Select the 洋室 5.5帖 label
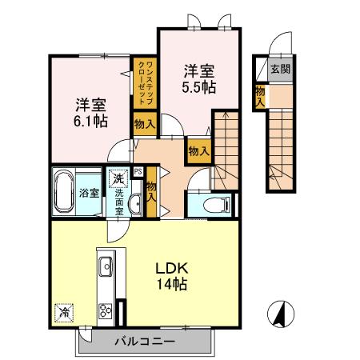coord(198,77)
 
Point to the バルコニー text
coord(145,341)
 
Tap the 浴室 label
coord(90,192)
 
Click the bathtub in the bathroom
coord(64,192)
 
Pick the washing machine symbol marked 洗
coord(118,177)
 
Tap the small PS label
coord(138,170)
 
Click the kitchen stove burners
coord(106,310)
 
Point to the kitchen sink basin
coord(106,264)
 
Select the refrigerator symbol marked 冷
coord(63,312)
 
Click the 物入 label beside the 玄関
coord(260,95)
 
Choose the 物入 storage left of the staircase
coord(198,148)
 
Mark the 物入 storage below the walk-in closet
coord(144,125)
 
